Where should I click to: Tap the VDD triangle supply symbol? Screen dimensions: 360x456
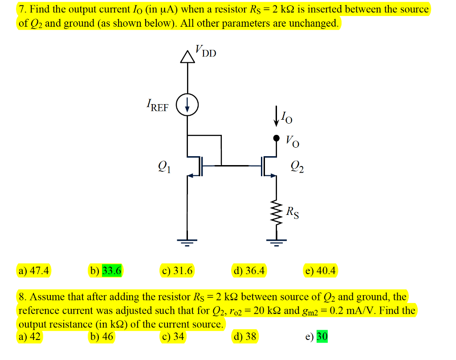coord(187,57)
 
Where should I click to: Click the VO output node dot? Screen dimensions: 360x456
coord(276,138)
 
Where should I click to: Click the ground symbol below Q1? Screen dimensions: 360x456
coord(187,242)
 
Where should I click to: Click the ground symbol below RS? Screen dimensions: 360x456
coord(276,242)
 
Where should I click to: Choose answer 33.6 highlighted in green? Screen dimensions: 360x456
coord(111,270)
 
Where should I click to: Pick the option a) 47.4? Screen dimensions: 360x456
coord(34,270)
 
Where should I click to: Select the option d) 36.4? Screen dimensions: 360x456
coord(249,270)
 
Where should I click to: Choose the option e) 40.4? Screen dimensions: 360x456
coord(321,270)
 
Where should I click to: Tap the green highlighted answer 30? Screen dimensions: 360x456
coord(322,337)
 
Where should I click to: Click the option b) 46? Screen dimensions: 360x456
coord(102,337)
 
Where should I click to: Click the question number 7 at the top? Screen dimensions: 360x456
coord(21,9)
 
